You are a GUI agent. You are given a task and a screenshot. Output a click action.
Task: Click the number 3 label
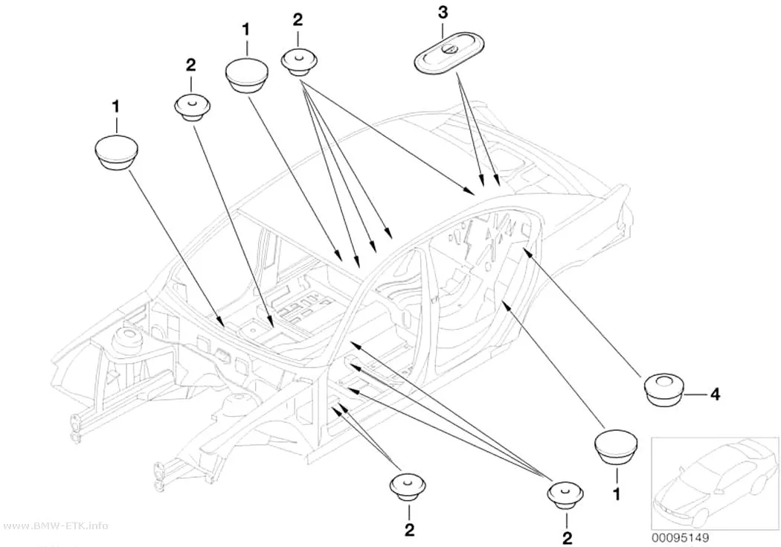443,13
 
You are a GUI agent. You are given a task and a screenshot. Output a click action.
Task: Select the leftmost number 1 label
115,106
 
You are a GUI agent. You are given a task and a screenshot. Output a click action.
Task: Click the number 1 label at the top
245,29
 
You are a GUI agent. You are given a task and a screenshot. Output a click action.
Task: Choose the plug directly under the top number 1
246,75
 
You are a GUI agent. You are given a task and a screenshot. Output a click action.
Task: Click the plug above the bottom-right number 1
617,446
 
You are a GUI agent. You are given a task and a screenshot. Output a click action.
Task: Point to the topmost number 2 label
298,19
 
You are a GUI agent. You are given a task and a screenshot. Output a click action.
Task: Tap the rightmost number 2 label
567,538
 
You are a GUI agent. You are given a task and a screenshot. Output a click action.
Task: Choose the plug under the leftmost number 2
192,106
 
